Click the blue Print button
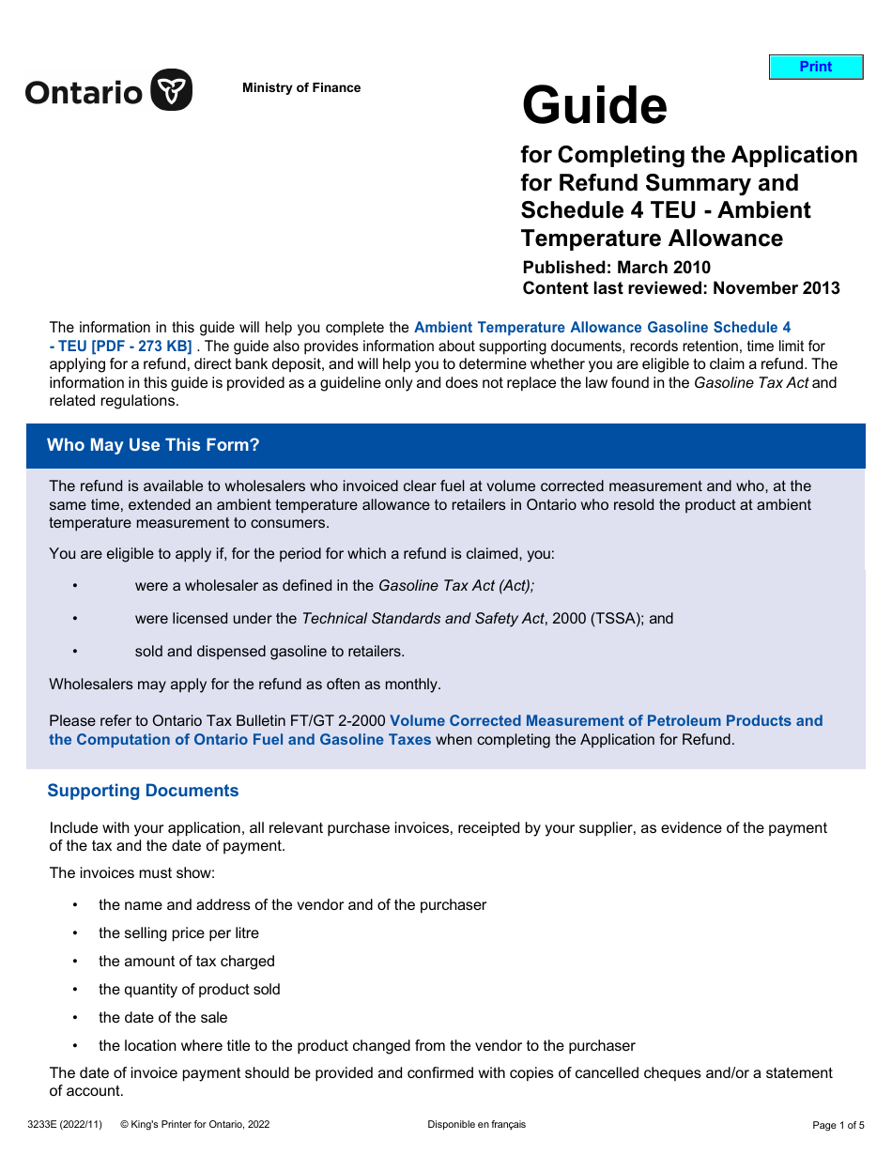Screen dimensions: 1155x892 [815, 67]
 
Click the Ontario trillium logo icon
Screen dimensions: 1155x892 [172, 90]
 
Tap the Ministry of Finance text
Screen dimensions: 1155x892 [300, 88]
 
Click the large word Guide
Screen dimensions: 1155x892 [594, 105]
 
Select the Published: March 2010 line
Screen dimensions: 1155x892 [616, 268]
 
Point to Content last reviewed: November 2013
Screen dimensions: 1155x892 [681, 288]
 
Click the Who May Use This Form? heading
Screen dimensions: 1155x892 [153, 445]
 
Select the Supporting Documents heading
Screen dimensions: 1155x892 [143, 791]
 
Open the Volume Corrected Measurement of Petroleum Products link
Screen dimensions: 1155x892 [606, 721]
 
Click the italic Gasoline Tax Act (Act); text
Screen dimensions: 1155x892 [456, 585]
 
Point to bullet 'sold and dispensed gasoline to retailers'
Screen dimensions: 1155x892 [269, 651]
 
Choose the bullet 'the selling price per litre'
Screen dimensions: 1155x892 [178, 932]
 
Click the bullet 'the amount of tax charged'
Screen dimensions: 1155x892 [187, 961]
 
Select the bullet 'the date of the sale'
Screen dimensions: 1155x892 [162, 1017]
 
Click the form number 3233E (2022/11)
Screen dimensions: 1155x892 [65, 1124]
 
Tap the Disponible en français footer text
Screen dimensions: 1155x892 [476, 1124]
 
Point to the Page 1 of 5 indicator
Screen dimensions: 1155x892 [838, 1125]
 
